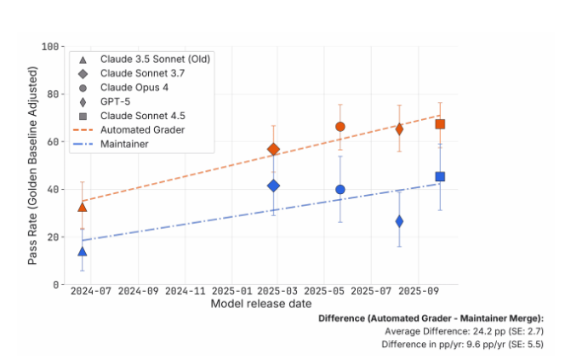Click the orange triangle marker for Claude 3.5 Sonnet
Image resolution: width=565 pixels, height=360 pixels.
click(83, 207)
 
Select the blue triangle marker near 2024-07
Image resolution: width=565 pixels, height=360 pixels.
click(83, 251)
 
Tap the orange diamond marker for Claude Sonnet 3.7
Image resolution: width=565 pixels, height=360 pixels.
click(273, 149)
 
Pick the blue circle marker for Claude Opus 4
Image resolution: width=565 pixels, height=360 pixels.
click(340, 190)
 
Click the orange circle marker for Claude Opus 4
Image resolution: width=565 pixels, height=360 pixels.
click(340, 127)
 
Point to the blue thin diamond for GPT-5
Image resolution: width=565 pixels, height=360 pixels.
click(399, 221)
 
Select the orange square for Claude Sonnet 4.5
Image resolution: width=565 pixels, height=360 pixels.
click(440, 124)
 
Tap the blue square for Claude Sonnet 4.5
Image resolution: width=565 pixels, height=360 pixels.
click(440, 177)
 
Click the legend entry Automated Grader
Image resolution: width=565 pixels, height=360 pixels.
click(142, 129)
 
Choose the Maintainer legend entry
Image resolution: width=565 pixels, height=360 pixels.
click(125, 144)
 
